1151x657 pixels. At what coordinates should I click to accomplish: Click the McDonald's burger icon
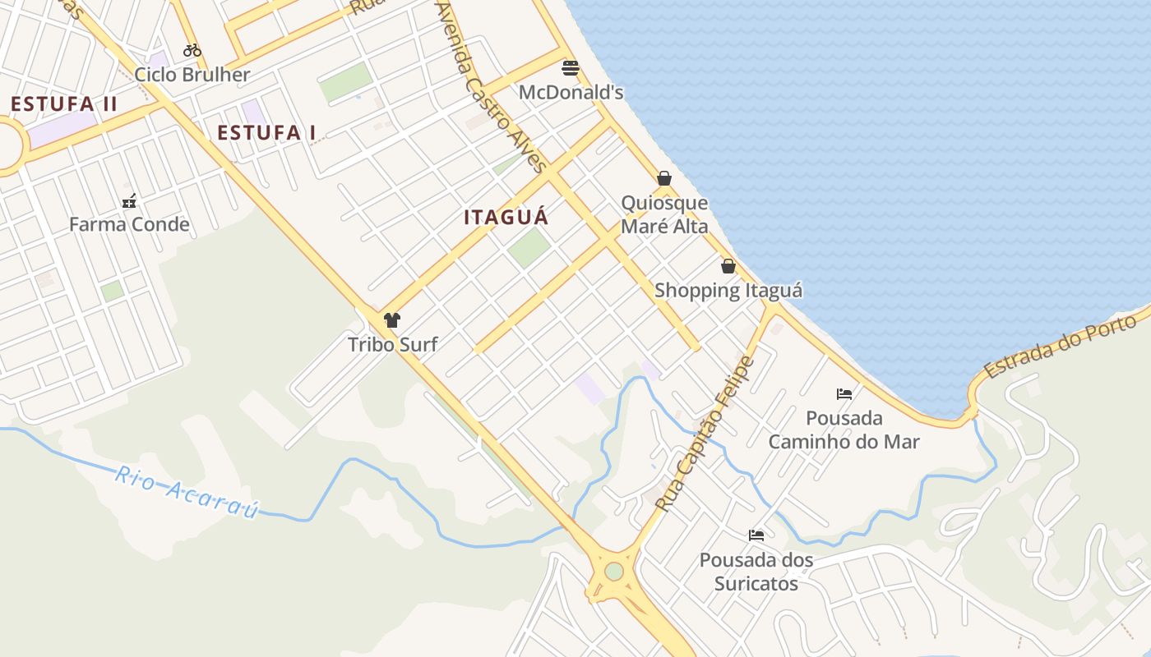[x=570, y=67]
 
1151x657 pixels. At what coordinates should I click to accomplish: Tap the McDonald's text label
[x=571, y=92]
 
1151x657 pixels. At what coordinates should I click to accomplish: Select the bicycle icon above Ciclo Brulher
[x=192, y=50]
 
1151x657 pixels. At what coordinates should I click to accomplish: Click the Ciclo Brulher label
[x=192, y=75]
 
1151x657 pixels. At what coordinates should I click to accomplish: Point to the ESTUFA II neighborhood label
[x=64, y=104]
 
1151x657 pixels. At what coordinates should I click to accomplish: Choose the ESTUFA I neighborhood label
[x=266, y=132]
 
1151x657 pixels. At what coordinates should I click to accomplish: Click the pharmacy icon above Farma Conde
[x=129, y=201]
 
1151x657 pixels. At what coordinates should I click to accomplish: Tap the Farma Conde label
[x=129, y=224]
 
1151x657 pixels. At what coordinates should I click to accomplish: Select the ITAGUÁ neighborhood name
[x=506, y=218]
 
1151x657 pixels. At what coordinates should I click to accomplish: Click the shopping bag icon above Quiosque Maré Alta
[x=664, y=178]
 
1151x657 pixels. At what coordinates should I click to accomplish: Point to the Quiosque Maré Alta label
[x=664, y=214]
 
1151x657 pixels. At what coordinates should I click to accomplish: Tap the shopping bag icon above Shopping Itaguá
[x=728, y=266]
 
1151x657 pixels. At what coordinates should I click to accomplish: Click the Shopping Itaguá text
[x=728, y=290]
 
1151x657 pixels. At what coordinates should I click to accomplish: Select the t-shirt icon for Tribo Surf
[x=392, y=320]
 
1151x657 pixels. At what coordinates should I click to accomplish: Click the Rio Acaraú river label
[x=187, y=493]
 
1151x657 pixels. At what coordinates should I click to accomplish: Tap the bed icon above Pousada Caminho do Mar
[x=844, y=394]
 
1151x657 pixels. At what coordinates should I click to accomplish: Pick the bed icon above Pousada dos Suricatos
[x=756, y=535]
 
